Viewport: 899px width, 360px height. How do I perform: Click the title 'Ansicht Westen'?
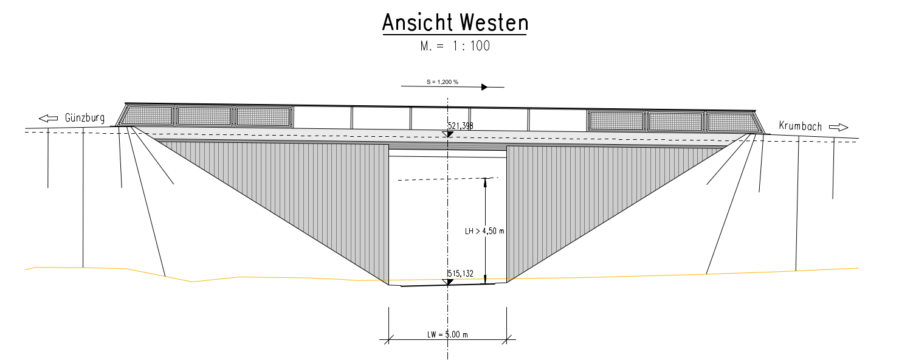(455, 23)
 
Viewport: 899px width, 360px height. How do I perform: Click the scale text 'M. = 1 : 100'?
(455, 46)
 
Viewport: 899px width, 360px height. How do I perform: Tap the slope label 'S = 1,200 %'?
(441, 81)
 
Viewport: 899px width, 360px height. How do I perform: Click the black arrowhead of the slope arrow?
(484, 87)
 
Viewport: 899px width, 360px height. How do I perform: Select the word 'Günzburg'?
(85, 117)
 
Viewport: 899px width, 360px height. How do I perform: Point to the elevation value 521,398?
(461, 126)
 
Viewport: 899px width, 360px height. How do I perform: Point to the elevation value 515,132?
(460, 274)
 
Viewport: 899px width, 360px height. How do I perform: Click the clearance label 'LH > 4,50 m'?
(484, 231)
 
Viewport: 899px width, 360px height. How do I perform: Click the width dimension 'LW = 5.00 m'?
(447, 334)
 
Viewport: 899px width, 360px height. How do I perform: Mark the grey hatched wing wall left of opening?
(316, 195)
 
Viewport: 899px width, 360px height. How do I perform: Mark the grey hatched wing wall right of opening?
(577, 195)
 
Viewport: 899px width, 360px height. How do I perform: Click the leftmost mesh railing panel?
(148, 116)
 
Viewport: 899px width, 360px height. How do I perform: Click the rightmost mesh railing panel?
(729, 122)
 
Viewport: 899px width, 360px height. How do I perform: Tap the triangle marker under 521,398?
(448, 134)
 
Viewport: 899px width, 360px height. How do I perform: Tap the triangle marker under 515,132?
(448, 281)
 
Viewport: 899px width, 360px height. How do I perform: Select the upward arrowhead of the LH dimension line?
(485, 181)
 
